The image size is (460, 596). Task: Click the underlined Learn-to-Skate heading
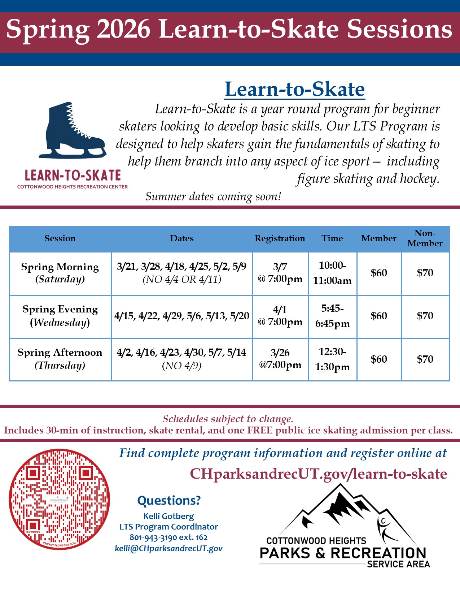(294, 89)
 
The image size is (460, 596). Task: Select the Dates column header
(182, 238)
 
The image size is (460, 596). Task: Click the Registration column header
(280, 238)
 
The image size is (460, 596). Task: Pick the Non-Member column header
(425, 238)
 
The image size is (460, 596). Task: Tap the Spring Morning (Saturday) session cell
(60, 273)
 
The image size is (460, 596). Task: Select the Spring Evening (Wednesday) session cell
(60, 316)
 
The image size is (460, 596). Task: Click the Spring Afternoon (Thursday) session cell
(60, 359)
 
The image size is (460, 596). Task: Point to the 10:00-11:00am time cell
(332, 273)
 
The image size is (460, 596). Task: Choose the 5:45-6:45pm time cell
(332, 316)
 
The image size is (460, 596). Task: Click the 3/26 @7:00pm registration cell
(280, 359)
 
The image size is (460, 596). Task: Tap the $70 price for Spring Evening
(425, 316)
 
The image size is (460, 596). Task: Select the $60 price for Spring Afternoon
(379, 359)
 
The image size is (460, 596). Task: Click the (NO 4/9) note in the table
(182, 366)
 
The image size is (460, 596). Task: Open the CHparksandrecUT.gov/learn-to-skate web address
(319, 474)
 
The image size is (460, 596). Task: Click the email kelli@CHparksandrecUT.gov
(168, 548)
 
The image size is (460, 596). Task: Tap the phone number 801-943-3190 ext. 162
(168, 537)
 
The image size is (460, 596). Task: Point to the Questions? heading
(169, 501)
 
